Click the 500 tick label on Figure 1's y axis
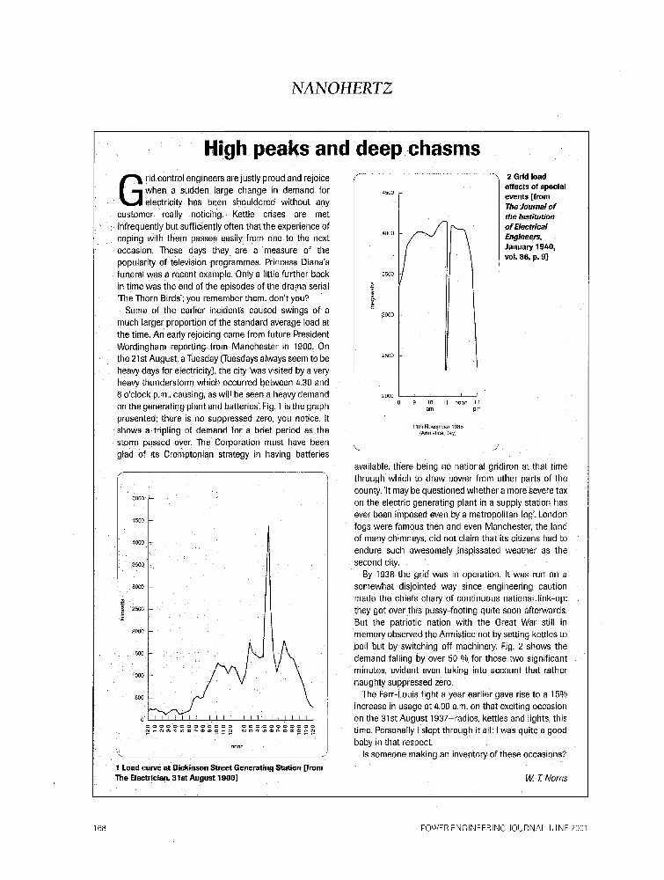pos(137,698)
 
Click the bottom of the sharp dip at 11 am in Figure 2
pos(446,370)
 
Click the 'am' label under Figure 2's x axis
pos(430,409)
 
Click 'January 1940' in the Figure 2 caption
pos(529,247)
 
